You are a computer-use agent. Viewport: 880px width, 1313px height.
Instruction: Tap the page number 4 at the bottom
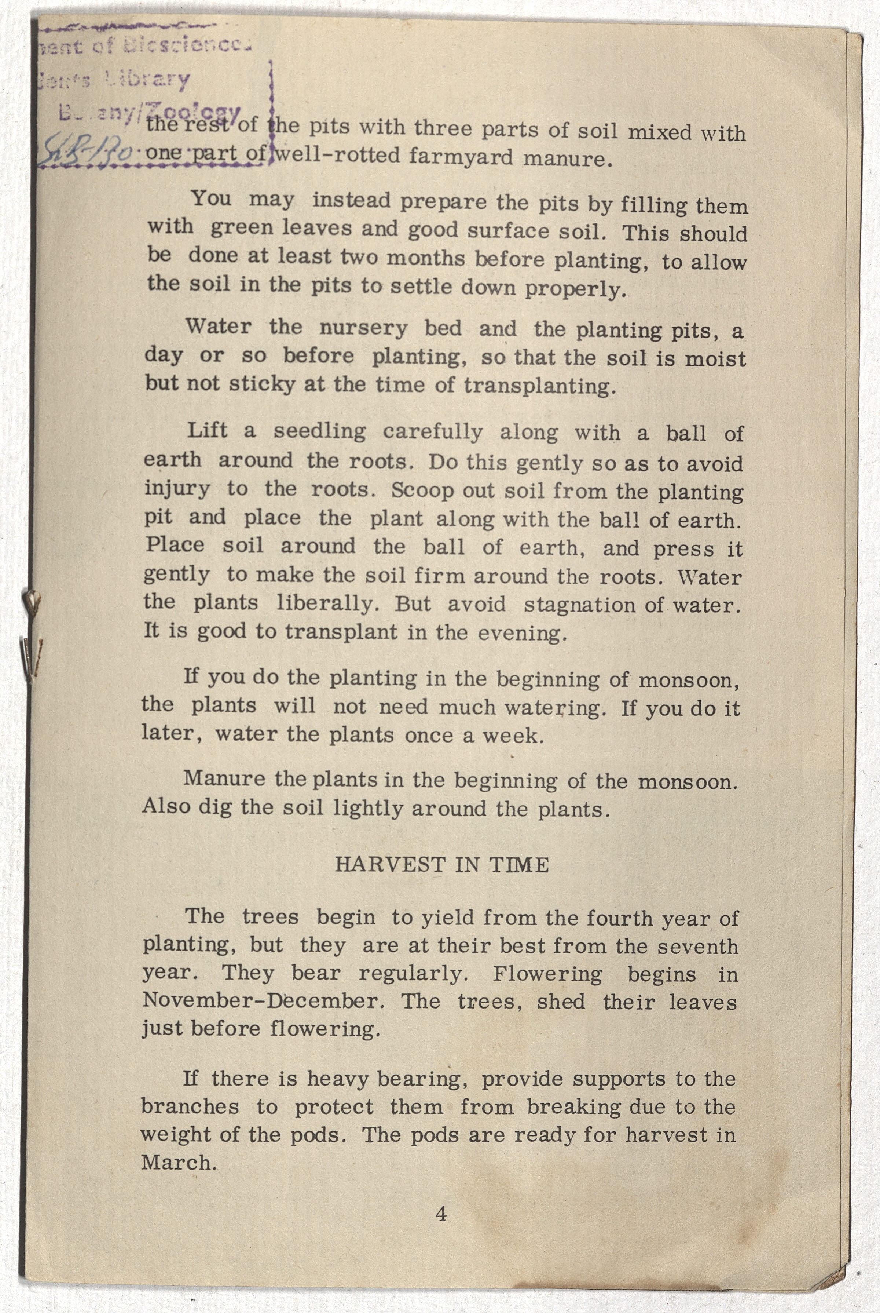(x=441, y=1214)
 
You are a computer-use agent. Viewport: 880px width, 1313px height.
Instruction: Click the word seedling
(x=319, y=432)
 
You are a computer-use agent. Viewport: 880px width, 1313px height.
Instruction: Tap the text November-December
(x=263, y=1001)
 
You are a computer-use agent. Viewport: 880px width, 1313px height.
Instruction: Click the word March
(x=179, y=1162)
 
